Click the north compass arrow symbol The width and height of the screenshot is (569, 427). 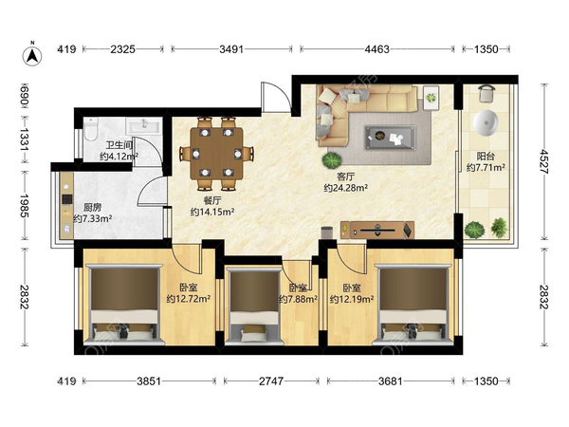pos(32,56)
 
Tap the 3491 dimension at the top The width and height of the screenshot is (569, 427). pos(231,49)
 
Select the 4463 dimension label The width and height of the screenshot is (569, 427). pos(377,49)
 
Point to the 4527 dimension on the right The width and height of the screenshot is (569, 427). pos(543,161)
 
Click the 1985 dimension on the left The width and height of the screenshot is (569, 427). pos(25,206)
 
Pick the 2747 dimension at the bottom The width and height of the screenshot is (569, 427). pos(271,381)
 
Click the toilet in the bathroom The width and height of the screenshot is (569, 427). pos(90,129)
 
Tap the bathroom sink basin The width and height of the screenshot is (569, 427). pos(144,126)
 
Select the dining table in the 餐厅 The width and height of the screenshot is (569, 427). pos(216,153)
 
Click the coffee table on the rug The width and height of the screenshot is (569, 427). pos(390,138)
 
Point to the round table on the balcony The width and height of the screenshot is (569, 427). pos(486,122)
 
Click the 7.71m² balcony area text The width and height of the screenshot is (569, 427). pos(486,167)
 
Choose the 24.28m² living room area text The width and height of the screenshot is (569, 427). pos(346,188)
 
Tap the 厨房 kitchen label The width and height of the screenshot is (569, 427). pos(93,207)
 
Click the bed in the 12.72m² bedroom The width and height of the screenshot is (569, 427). pos(124,305)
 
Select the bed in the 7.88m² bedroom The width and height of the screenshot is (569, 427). pos(254,306)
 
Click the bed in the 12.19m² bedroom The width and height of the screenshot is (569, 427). pos(413,305)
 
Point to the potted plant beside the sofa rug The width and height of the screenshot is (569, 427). pos(332,160)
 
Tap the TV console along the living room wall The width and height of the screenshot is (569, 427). pos(377,230)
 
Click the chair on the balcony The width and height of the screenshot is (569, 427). pos(486,93)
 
